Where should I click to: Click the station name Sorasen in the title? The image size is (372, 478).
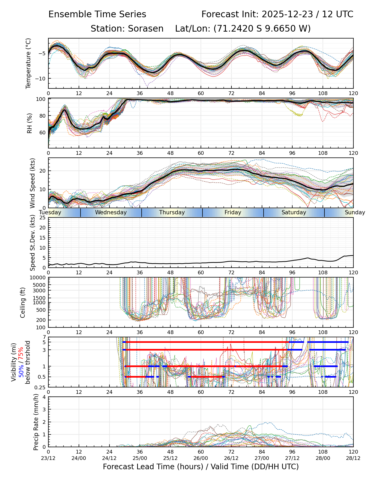click(146, 28)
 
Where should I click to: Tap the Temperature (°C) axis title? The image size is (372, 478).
click(28, 63)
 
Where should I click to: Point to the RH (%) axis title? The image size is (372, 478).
click(29, 123)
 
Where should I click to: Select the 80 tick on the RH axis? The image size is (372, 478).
click(43, 116)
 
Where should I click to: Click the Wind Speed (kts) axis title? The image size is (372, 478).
click(32, 183)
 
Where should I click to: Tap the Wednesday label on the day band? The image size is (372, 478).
click(111, 212)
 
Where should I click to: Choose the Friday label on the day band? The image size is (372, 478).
click(233, 212)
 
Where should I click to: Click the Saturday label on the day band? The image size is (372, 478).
click(294, 212)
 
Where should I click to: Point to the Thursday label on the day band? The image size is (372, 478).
click(172, 212)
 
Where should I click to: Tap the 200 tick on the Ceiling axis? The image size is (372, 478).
click(41, 320)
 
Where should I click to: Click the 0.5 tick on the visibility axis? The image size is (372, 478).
click(41, 377)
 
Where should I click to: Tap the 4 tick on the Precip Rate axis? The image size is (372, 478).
click(44, 397)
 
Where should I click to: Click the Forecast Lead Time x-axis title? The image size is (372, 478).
click(201, 467)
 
